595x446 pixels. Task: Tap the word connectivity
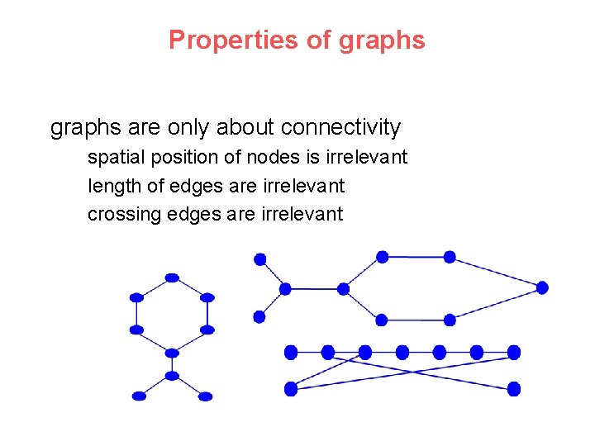[340, 127]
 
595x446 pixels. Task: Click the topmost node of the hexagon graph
[172, 278]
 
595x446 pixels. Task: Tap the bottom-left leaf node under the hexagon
[139, 396]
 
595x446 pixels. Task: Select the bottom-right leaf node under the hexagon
[206, 396]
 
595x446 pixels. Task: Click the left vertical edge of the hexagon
[137, 314]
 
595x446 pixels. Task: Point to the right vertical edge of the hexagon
[207, 314]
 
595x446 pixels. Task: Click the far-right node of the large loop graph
[542, 288]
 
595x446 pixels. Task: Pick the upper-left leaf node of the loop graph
[259, 259]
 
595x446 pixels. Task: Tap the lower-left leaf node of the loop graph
[259, 316]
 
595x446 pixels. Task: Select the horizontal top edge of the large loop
[416, 257]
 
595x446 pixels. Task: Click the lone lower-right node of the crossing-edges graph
[514, 388]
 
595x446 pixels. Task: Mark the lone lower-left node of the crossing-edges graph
[291, 388]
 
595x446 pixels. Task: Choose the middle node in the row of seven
[402, 353]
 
